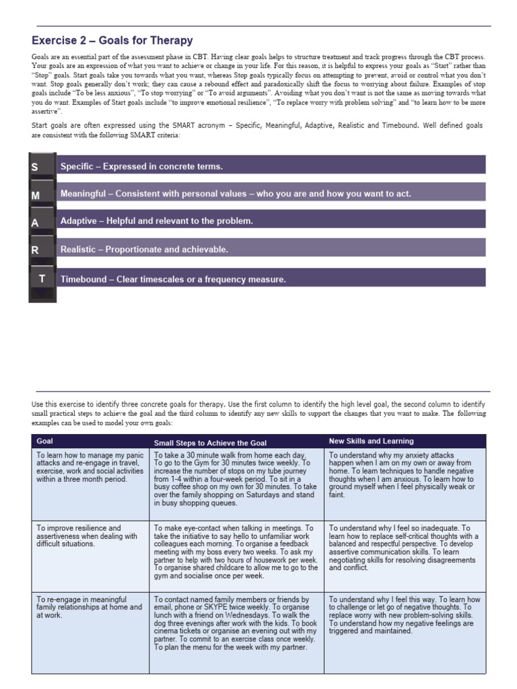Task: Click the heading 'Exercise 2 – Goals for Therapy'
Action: tap(112, 40)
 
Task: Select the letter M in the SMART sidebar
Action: tap(36, 195)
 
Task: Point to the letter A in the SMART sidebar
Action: tap(35, 223)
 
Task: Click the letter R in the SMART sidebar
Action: tap(35, 250)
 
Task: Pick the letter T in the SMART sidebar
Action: tap(42, 278)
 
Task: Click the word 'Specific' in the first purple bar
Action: tap(77, 166)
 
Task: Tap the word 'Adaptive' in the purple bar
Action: tap(79, 221)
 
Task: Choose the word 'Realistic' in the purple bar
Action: tap(79, 250)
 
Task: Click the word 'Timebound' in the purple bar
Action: tap(83, 279)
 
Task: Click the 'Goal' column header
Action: tap(45, 441)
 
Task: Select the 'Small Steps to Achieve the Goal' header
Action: tap(210, 443)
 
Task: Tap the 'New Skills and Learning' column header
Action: tap(371, 441)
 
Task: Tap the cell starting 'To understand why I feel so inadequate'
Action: tap(403, 548)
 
